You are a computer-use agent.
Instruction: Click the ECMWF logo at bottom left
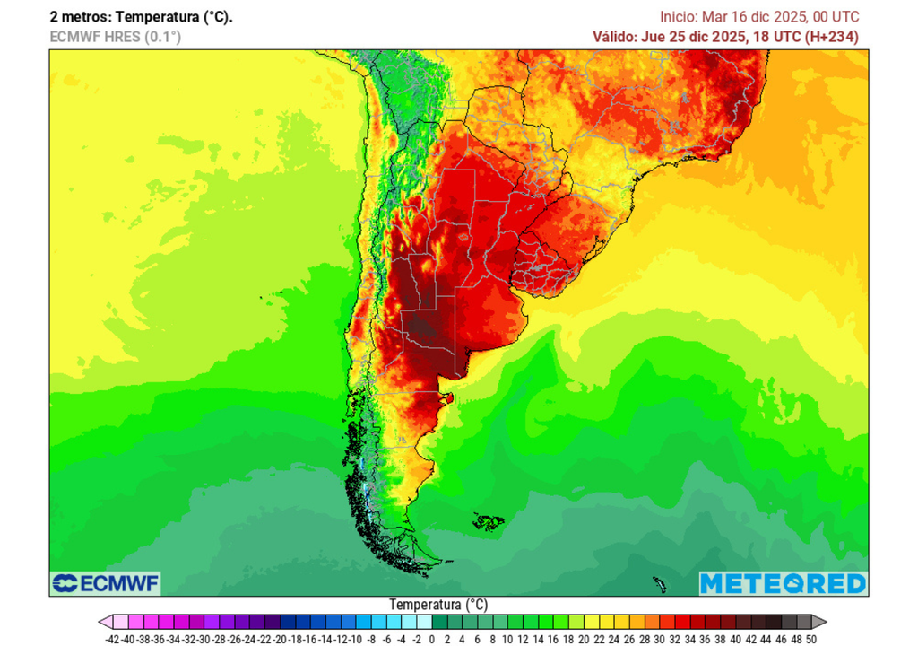(x=106, y=584)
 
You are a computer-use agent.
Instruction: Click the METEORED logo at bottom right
(x=783, y=584)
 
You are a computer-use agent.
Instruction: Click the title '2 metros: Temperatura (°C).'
(x=141, y=17)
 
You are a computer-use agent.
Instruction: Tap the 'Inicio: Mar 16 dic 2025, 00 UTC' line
(x=759, y=17)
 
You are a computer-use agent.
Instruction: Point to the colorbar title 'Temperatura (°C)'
(x=438, y=605)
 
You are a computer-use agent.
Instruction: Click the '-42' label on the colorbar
(x=112, y=639)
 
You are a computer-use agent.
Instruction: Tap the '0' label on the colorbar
(x=432, y=639)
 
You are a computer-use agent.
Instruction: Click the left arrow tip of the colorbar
(x=102, y=622)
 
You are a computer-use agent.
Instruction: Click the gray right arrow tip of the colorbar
(x=820, y=622)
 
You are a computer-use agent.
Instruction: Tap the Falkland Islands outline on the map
(x=489, y=520)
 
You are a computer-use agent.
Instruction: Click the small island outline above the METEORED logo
(x=660, y=585)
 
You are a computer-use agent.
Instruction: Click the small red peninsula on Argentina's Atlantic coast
(x=450, y=397)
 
